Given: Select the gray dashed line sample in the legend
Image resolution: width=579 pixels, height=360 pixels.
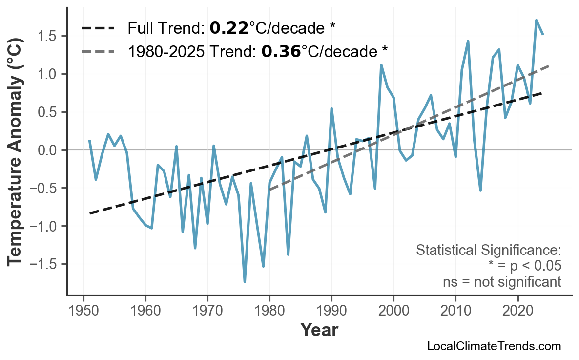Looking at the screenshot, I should click(98, 51).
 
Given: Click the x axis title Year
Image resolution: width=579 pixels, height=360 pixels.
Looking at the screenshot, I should click(319, 330).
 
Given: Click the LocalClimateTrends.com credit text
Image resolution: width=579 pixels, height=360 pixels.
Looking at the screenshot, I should click(494, 346).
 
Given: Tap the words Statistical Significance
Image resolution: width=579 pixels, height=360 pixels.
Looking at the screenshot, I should click(488, 251).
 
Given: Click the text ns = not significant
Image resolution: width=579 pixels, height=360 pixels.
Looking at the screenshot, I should click(502, 282).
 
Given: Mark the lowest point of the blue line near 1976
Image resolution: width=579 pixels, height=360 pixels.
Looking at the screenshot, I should click(245, 282).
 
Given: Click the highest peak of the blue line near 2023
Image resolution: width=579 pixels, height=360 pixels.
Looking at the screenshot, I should click(536, 21).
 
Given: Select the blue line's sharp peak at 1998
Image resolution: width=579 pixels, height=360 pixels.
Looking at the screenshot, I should click(381, 65).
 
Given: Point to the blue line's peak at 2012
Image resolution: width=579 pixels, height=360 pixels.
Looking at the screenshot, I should click(468, 41).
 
